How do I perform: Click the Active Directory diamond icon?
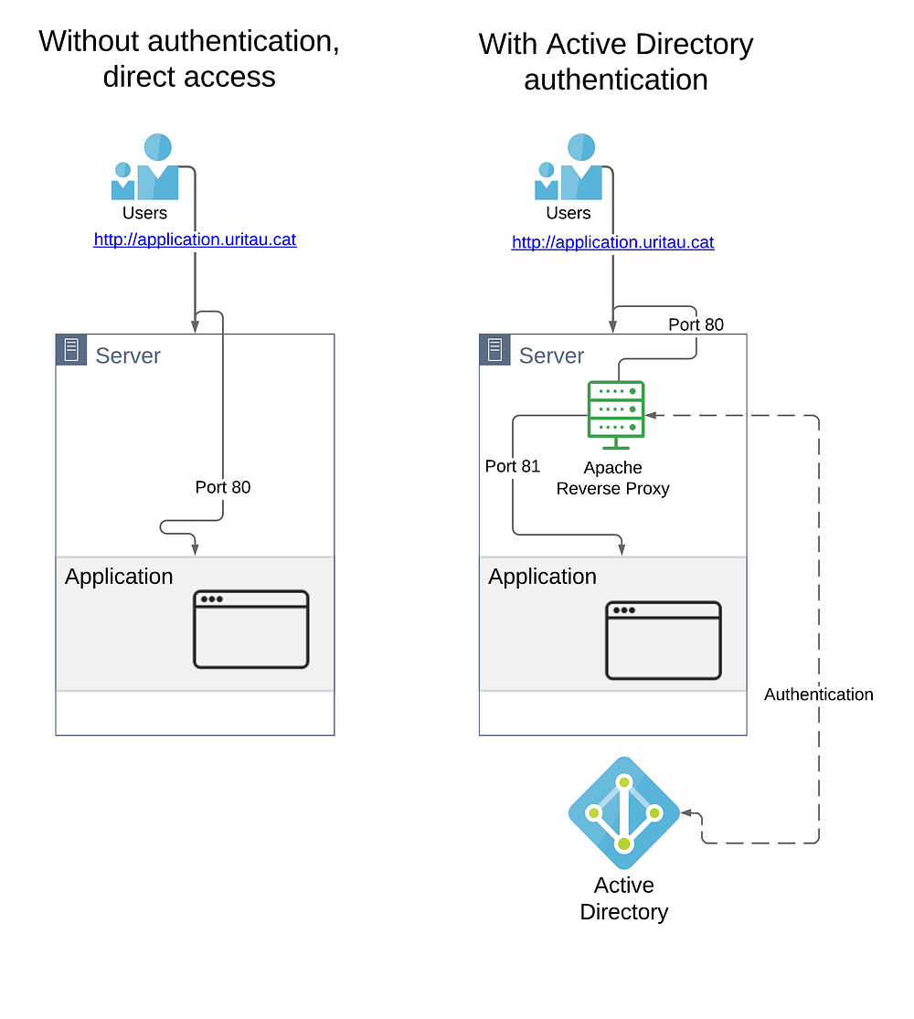tap(624, 812)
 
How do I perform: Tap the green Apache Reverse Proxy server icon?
tap(616, 414)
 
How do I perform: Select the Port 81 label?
tap(512, 466)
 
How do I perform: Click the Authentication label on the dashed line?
tap(818, 695)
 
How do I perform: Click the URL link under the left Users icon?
tap(195, 239)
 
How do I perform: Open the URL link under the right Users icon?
tap(612, 242)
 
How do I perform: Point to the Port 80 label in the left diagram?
tap(222, 487)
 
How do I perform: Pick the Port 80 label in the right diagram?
tap(696, 324)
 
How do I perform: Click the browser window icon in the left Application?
tap(251, 630)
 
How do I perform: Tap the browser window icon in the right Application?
tap(664, 641)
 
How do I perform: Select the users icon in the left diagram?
tap(145, 167)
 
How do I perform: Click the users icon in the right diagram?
tap(569, 167)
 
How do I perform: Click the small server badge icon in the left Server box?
tap(71, 350)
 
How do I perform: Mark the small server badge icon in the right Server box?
tap(494, 350)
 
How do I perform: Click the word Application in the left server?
tap(119, 577)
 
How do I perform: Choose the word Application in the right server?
tap(542, 577)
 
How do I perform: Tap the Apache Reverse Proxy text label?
tap(612, 478)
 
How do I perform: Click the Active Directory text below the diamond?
tap(624, 898)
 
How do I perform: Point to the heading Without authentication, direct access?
tap(189, 58)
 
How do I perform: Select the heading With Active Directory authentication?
tap(616, 61)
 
